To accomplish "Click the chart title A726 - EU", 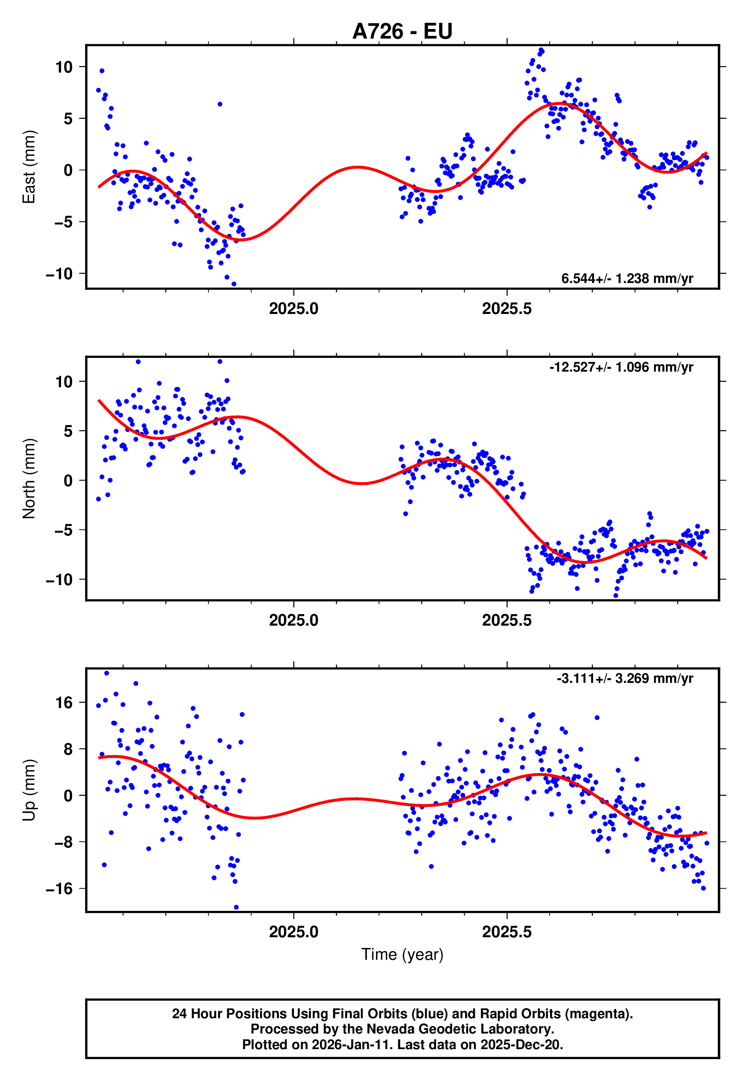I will click(x=402, y=31).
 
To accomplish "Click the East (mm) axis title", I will click(x=29, y=167).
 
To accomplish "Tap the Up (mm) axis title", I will click(x=29, y=790).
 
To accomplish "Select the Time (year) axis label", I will click(x=402, y=955).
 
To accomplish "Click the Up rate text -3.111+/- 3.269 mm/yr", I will click(x=625, y=679).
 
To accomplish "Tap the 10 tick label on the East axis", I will click(x=64, y=67).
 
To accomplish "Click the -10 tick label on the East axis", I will click(x=60, y=274).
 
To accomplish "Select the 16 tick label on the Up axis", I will click(x=64, y=703).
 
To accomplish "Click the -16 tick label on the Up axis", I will click(x=60, y=889).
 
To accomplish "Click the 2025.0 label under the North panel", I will click(x=294, y=621).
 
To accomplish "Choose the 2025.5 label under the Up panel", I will click(x=507, y=932).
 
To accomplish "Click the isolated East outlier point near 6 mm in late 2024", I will click(x=220, y=104).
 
